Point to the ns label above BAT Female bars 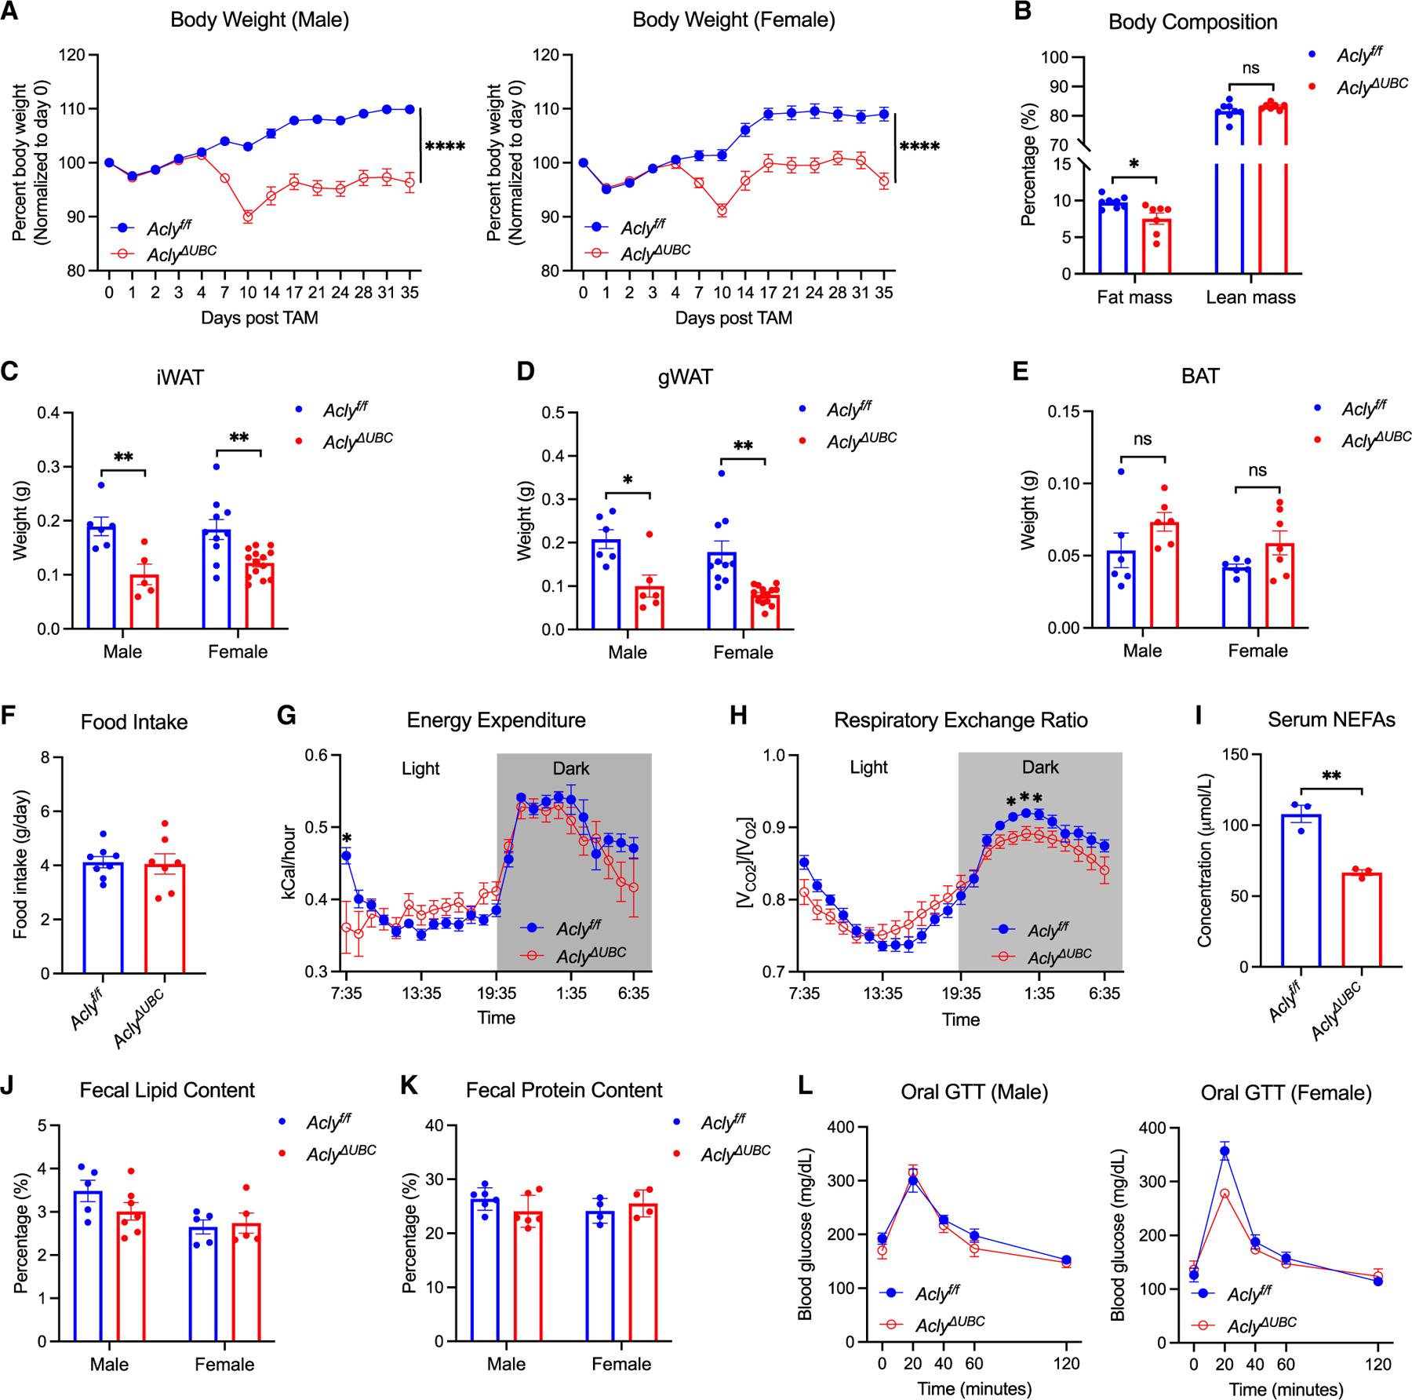click(1257, 470)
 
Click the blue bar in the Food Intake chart click(103, 918)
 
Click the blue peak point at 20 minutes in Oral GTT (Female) click(1224, 1151)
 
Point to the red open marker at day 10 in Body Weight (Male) click(248, 217)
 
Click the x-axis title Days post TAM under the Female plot click(733, 319)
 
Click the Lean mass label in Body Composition click(1250, 297)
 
